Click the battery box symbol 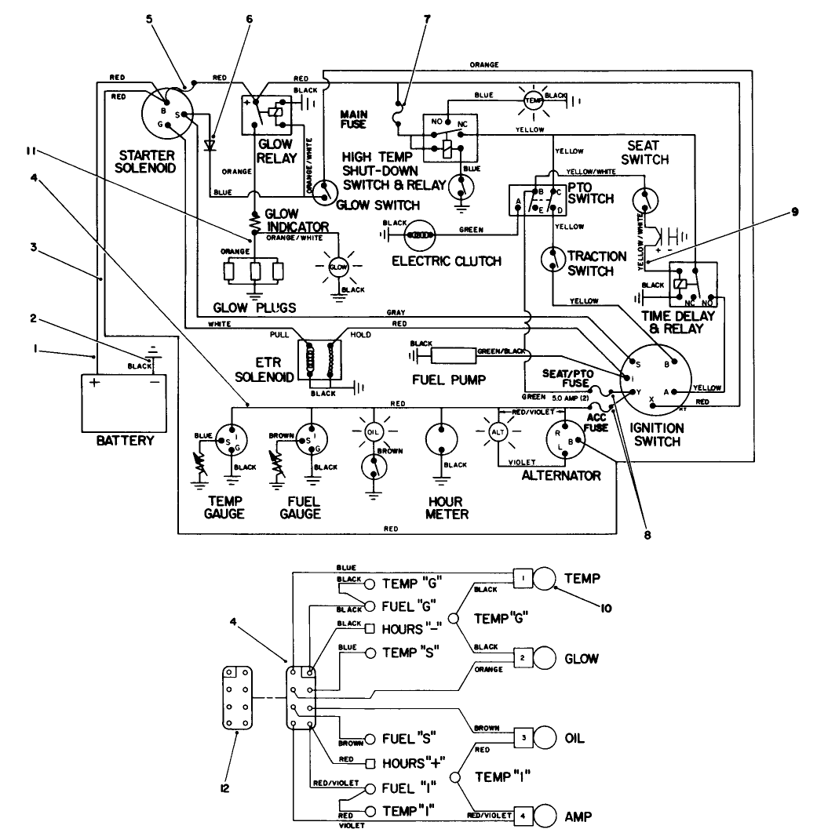click(x=125, y=402)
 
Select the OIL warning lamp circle click(x=374, y=432)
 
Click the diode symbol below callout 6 click(x=210, y=144)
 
